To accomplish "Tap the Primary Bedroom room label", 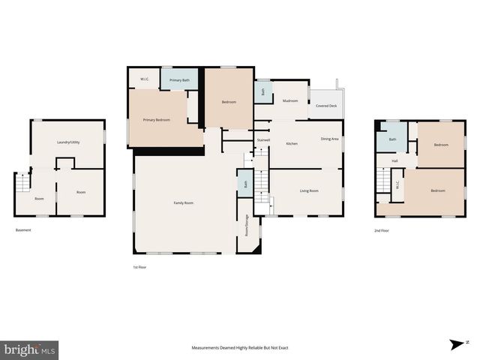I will click(x=157, y=120).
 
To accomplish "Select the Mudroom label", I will click(x=291, y=100).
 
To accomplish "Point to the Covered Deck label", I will click(x=326, y=106).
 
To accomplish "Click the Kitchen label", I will click(x=292, y=143).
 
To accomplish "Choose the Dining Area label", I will click(x=330, y=139).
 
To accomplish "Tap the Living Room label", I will click(x=309, y=190).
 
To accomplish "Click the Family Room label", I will click(x=184, y=202).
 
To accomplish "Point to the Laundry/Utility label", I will click(x=69, y=142).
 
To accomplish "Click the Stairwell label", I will click(x=263, y=139).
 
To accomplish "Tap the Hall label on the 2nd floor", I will click(x=394, y=160).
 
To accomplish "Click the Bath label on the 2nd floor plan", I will click(x=392, y=139).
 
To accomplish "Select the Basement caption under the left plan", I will click(x=23, y=230).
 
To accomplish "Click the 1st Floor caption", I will click(x=139, y=267).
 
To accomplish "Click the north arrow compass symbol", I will click(x=455, y=345).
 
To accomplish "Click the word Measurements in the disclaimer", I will click(x=206, y=348).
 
